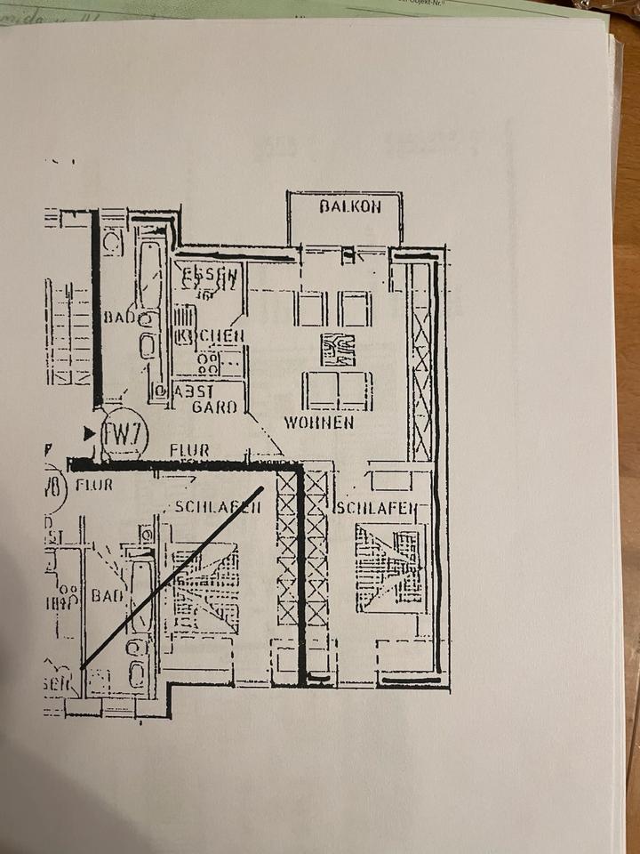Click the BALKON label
click(x=350, y=206)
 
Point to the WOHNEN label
click(x=319, y=422)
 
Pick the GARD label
click(x=214, y=407)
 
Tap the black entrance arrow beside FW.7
click(x=88, y=433)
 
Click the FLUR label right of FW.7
click(x=189, y=451)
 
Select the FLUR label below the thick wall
click(x=94, y=486)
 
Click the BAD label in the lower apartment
click(x=107, y=595)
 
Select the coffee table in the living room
click(x=338, y=350)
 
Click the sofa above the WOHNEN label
click(x=337, y=390)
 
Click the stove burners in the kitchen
click(x=210, y=361)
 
